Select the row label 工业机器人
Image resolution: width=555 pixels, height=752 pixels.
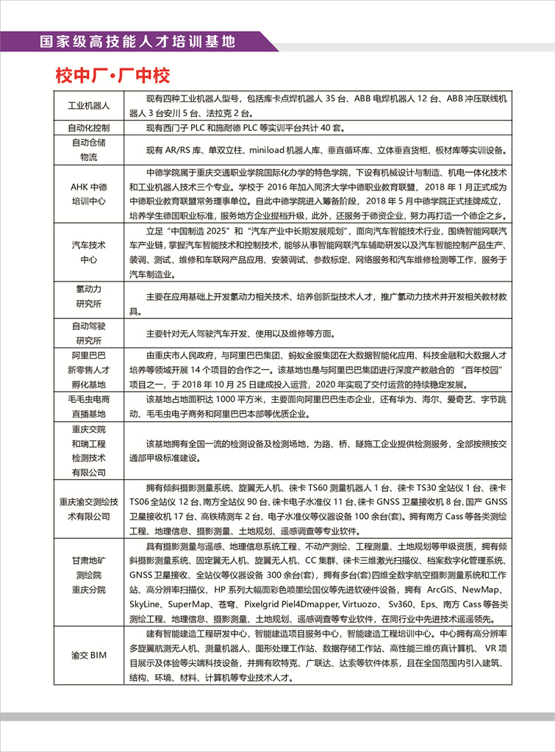click(89, 106)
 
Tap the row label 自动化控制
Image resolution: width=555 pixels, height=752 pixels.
click(89, 128)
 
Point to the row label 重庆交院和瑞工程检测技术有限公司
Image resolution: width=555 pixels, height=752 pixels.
click(89, 451)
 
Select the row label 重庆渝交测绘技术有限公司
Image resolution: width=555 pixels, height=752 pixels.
click(89, 509)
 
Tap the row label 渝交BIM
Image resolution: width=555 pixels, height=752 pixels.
click(89, 655)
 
